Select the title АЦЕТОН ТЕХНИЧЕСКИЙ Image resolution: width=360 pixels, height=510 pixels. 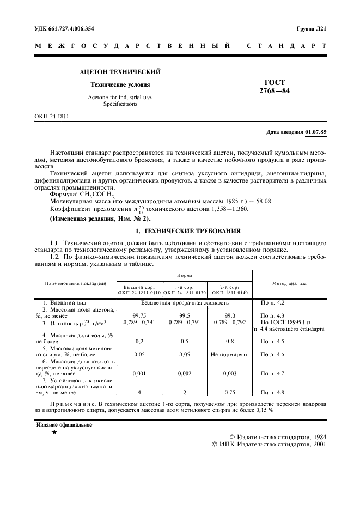pos(120,72)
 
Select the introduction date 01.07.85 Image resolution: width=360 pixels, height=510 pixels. pos(315,132)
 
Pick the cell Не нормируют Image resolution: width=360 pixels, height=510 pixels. pos(229,355)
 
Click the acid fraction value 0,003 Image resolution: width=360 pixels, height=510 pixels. pos(229,374)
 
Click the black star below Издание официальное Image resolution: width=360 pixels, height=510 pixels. pos(54,432)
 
